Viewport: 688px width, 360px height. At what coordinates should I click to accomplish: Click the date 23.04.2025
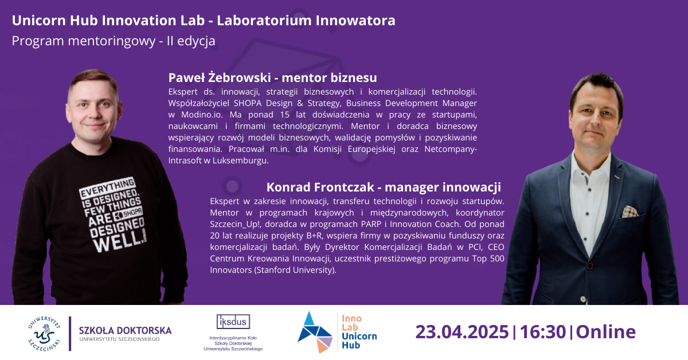(x=462, y=332)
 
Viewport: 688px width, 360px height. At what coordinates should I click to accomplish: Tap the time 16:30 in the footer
(x=540, y=332)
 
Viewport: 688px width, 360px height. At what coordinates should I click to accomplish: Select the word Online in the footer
(x=605, y=332)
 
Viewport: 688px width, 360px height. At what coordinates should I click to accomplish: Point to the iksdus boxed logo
(x=233, y=322)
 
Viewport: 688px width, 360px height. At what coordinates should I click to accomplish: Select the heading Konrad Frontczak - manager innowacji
(x=384, y=187)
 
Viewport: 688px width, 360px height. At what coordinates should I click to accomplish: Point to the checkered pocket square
(x=630, y=212)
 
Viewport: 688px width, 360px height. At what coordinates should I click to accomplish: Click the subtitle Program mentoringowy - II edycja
(x=114, y=41)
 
